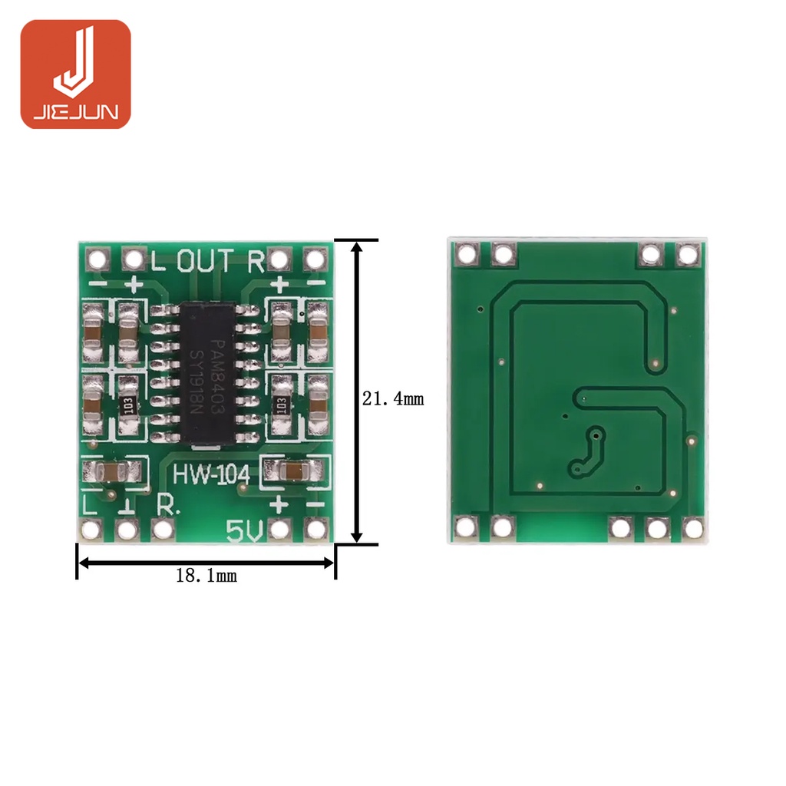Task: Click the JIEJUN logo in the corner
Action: tap(76, 74)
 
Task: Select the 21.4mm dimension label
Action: tap(393, 399)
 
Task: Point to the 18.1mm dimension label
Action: tap(206, 576)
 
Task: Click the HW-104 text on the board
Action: tap(211, 474)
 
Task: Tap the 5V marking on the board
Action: tap(245, 531)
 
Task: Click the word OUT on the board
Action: tap(206, 261)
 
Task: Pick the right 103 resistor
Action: tap(281, 405)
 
